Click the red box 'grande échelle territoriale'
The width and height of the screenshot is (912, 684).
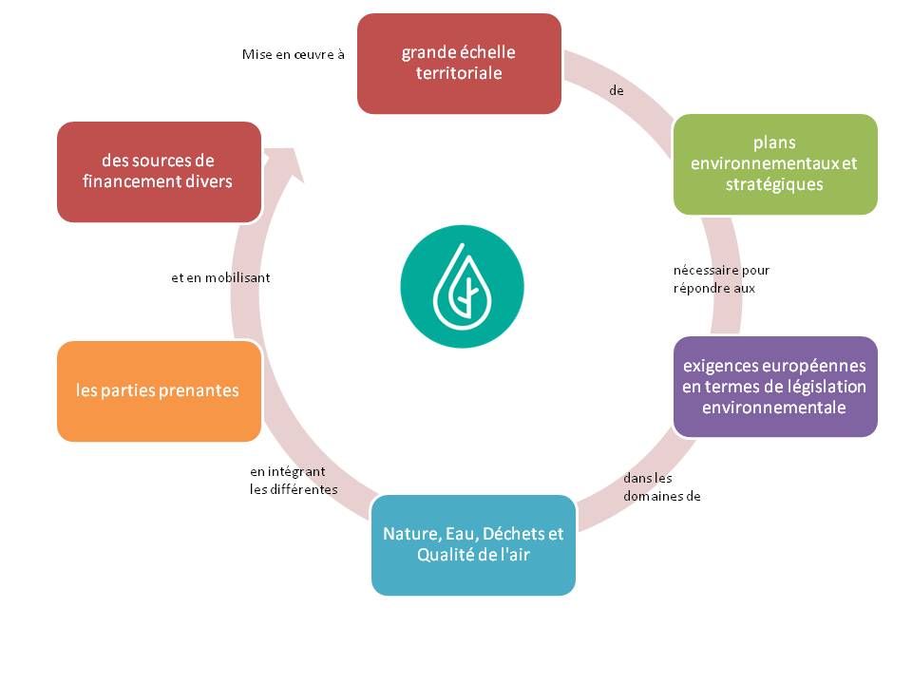pyautogui.click(x=459, y=64)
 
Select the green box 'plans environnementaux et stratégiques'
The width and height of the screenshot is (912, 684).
pyautogui.click(x=774, y=164)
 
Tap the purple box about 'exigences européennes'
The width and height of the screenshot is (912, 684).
pyautogui.click(x=774, y=387)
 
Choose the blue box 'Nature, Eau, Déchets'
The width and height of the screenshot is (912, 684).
pyautogui.click(x=473, y=545)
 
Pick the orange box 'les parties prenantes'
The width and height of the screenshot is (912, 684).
pyautogui.click(x=159, y=391)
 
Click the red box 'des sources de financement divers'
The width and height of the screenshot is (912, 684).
pyautogui.click(x=159, y=172)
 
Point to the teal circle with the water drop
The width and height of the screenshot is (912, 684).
pyautogui.click(x=462, y=287)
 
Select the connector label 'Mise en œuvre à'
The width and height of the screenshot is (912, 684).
pyautogui.click(x=293, y=55)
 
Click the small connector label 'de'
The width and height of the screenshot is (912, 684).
pyautogui.click(x=616, y=91)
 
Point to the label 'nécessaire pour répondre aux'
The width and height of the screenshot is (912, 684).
pyautogui.click(x=721, y=279)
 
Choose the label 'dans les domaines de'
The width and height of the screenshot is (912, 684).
pyautogui.click(x=662, y=487)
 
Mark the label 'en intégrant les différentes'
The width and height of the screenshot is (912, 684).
pyautogui.click(x=294, y=481)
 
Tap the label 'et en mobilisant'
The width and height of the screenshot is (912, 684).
pyautogui.click(x=220, y=278)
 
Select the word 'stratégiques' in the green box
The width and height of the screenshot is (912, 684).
pyautogui.click(x=774, y=184)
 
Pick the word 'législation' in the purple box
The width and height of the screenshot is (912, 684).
pyautogui.click(x=826, y=387)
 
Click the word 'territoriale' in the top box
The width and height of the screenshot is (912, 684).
pyautogui.click(x=459, y=73)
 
